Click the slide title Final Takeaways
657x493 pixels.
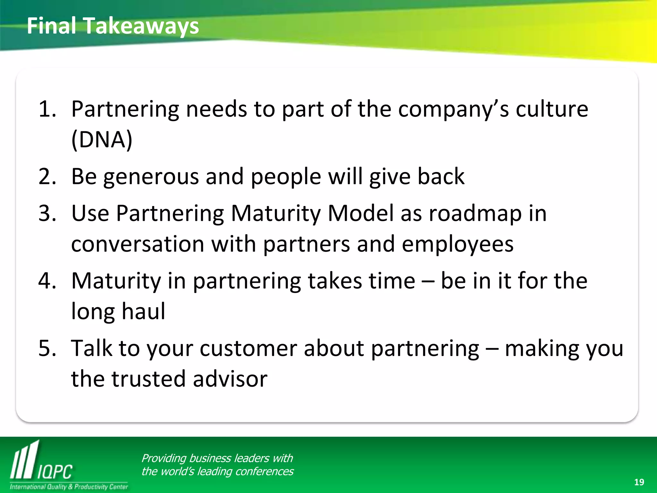tap(113, 26)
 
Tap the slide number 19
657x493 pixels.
tap(639, 482)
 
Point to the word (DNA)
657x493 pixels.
tap(102, 140)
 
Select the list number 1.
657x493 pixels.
tap(47, 109)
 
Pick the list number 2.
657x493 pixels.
tap(47, 177)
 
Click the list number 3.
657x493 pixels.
tap(47, 213)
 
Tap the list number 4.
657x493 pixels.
tap(47, 281)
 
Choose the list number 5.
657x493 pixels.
tap(47, 348)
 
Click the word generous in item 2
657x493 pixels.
tap(151, 177)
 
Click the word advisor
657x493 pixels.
tap(230, 379)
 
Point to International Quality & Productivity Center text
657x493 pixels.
tap(69, 487)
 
